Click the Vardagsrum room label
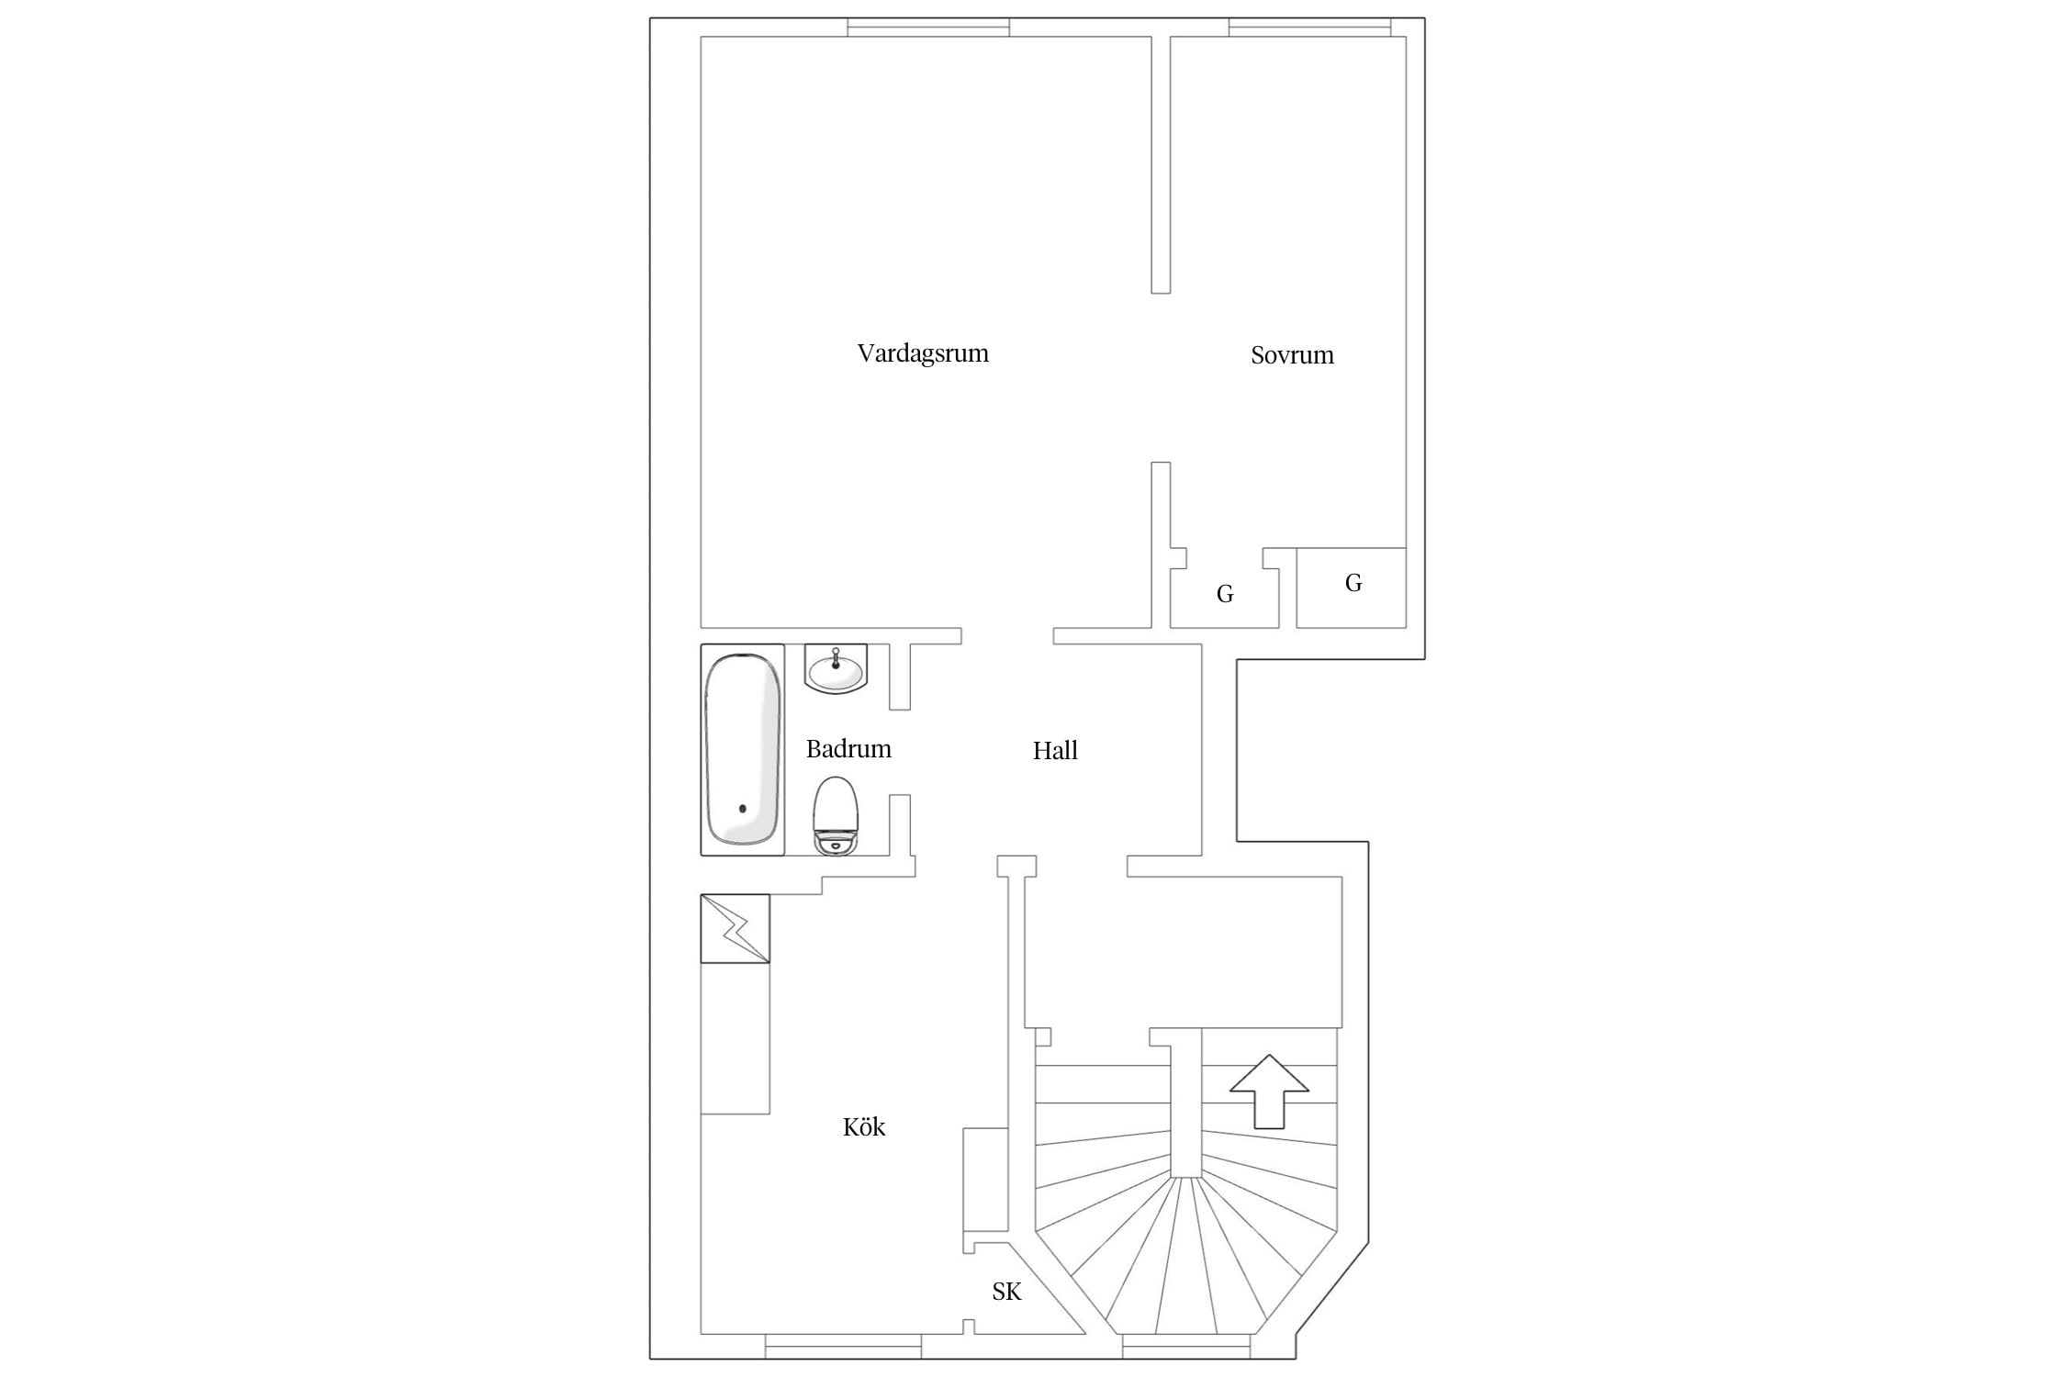923,353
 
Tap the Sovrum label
1292,355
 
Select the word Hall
1055,751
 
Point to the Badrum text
848,749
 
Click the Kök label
864,1126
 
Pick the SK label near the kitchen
1006,1292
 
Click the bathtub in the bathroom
743,749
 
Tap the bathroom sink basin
836,668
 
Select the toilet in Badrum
836,816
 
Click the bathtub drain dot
743,809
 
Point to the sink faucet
836,659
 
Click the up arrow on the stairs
1269,1091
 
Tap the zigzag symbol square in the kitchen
735,929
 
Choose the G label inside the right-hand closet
1353,583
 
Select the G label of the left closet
1224,595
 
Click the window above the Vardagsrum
928,28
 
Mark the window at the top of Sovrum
1309,28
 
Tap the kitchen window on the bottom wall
843,1346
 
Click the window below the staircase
1186,1346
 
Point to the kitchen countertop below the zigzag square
735,1038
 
